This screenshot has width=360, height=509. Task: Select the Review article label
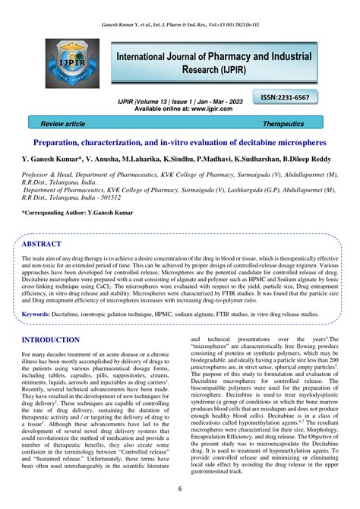click(63, 123)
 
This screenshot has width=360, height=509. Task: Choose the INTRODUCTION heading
click(61, 340)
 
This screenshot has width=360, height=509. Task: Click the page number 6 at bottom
click(180, 488)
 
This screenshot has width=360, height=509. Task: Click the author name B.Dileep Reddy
click(306, 161)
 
